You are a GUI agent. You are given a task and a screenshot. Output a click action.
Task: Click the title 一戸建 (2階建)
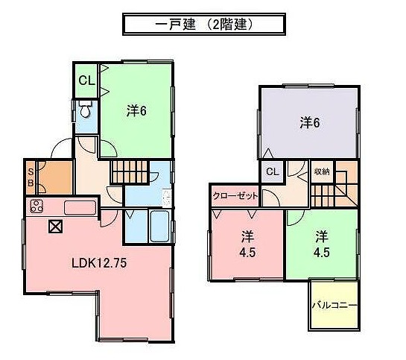[203, 24]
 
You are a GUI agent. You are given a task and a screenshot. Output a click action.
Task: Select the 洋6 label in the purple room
[311, 122]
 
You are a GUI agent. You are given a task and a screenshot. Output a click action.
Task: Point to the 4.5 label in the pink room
[246, 244]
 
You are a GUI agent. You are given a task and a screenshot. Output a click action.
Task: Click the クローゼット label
[236, 195]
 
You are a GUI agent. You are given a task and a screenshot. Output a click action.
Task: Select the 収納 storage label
[322, 171]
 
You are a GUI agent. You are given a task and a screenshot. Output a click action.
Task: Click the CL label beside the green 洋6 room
[85, 81]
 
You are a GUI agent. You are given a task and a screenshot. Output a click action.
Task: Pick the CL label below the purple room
[272, 171]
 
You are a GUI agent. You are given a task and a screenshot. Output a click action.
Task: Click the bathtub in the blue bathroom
[159, 224]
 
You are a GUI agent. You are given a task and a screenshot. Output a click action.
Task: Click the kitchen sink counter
[77, 207]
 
